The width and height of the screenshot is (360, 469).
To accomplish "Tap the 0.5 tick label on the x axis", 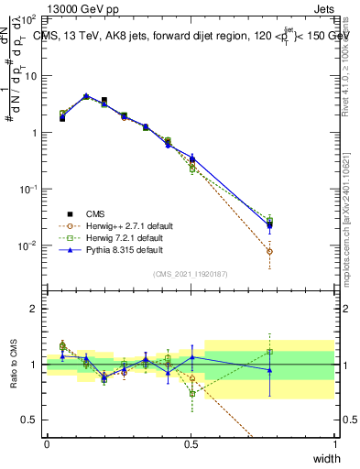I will pos(191,444).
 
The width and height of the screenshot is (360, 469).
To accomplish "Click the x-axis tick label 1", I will pos(334,444).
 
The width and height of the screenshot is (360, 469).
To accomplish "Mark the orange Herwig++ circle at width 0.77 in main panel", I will pos(269,251).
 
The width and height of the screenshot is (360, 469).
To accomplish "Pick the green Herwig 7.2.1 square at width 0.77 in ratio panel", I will pos(269,352).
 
